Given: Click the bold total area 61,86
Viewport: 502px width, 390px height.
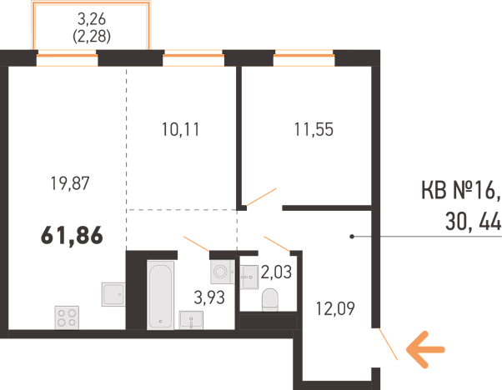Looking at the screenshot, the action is (72, 236).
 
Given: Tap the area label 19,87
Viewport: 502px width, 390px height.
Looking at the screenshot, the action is (70, 183).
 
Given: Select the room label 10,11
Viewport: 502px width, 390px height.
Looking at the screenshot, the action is (181, 129).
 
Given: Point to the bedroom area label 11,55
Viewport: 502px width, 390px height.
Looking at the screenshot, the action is (314, 129).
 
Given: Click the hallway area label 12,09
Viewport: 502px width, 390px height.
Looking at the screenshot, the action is (335, 308).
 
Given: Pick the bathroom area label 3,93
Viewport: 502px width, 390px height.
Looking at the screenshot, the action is (209, 297).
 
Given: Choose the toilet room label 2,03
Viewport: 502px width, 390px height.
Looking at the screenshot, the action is (276, 272).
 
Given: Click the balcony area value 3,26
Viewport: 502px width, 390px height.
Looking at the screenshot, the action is (92, 19).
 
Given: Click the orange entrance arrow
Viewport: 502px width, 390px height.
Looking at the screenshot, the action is (425, 349).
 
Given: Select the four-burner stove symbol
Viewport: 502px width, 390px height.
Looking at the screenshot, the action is (67, 317).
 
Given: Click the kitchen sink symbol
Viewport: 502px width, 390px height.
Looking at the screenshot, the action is (113, 294).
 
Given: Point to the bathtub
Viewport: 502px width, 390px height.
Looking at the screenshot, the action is (160, 295).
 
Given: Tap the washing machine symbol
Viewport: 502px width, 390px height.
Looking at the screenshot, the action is (222, 272).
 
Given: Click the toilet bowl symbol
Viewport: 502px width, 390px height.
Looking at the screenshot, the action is (270, 300).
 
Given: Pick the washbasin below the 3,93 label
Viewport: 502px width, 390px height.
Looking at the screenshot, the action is (191, 320).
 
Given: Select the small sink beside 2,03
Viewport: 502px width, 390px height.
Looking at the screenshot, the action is (249, 277).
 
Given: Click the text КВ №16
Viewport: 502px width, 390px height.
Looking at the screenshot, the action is (460, 190).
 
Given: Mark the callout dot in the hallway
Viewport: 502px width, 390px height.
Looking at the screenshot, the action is (352, 237).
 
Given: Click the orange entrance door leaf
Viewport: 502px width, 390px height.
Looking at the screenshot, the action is (389, 344).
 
